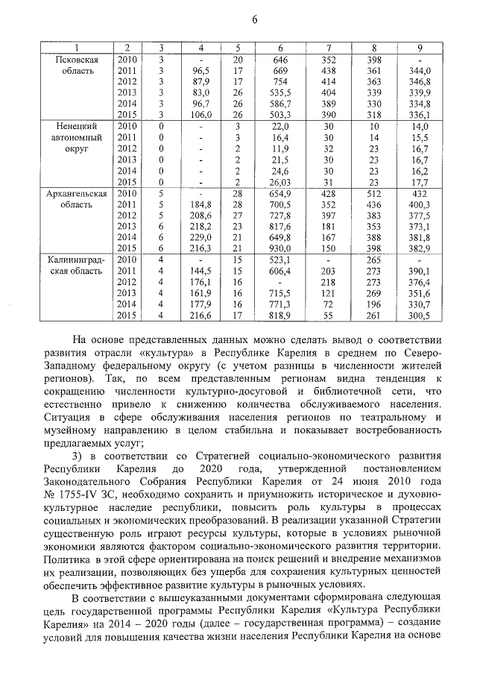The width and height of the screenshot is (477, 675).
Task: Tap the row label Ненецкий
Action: [x=78, y=127]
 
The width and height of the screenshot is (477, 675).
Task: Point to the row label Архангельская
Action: [x=78, y=194]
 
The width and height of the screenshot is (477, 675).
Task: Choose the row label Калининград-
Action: [x=78, y=260]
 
